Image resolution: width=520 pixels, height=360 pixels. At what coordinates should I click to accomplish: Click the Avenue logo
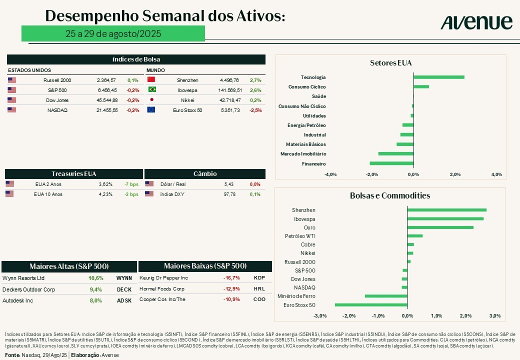point(476,22)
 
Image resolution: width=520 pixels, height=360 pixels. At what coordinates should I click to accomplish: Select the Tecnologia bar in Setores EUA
point(438,77)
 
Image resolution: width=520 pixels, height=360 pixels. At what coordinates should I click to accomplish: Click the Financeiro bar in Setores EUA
point(391,163)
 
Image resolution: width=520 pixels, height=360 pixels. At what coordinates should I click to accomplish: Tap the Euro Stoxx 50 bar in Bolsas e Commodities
point(371,304)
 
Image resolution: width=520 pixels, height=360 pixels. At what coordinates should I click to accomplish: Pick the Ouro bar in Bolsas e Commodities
point(440,227)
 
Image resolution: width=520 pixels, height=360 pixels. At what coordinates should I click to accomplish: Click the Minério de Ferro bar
point(386,296)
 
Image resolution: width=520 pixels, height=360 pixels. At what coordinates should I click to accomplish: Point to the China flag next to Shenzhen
point(151,80)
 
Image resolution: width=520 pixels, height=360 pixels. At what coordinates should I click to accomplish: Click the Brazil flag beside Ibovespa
point(151,90)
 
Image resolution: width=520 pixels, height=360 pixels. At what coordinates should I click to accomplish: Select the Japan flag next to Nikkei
point(151,100)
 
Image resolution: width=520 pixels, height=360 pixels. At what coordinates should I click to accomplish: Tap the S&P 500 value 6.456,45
point(106,90)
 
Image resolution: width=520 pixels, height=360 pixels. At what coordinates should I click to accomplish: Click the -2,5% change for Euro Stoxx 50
point(255,110)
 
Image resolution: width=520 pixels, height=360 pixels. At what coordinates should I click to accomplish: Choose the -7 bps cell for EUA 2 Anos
point(131,184)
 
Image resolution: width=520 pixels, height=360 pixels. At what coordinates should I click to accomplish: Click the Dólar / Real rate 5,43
point(229,184)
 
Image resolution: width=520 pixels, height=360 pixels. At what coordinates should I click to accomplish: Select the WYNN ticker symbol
point(124,278)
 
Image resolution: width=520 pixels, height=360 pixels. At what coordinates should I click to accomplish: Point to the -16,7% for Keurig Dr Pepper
point(231,278)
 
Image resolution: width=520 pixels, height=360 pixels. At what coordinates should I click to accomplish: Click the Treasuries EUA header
point(74,174)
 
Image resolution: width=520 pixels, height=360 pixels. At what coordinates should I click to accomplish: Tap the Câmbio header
point(205,174)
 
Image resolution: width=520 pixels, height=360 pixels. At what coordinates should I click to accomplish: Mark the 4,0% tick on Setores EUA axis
point(496,174)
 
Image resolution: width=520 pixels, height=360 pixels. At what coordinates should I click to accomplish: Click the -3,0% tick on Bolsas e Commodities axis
point(320,316)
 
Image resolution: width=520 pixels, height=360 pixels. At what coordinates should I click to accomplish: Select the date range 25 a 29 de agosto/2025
point(113,33)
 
